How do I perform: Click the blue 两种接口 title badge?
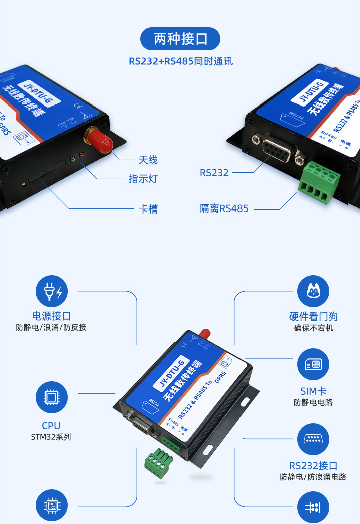tap(180, 38)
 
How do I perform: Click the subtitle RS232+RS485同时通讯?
tap(180, 61)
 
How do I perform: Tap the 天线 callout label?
tap(148, 160)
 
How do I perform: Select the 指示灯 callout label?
tap(143, 179)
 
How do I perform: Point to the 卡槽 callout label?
tap(148, 208)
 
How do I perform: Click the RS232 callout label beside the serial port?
tap(214, 173)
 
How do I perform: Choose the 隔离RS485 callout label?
tap(224, 208)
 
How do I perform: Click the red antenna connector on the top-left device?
tap(97, 139)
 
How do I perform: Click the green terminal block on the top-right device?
tap(319, 181)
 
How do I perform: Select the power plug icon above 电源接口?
tap(52, 291)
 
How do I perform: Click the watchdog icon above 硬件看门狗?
tap(313, 291)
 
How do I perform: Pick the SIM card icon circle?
tap(313, 364)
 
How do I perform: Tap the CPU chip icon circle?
tap(51, 397)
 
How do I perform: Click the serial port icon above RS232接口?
tap(313, 439)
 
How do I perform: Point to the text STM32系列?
tap(51, 437)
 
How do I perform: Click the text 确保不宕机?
tap(313, 328)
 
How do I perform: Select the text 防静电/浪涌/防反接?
tap(51, 328)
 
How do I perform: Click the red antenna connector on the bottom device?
tap(204, 334)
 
